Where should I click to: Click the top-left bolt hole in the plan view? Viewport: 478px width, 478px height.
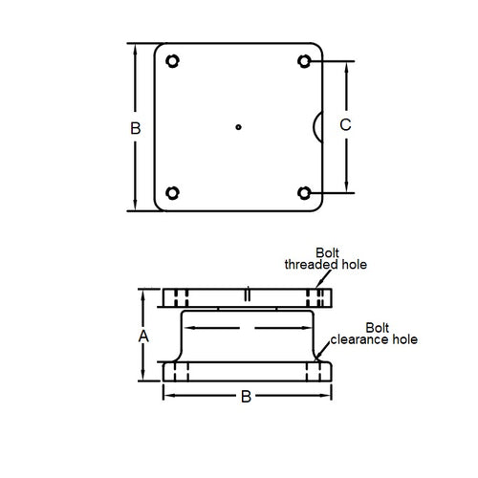(172, 62)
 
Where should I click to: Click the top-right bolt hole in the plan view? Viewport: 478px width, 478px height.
(305, 62)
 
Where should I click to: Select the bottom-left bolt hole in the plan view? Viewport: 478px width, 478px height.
(172, 192)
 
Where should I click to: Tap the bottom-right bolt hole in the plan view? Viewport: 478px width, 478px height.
(305, 192)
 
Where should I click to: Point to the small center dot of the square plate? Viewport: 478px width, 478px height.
(238, 126)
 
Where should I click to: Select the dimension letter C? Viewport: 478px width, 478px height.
(346, 125)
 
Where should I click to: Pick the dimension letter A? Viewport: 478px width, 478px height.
(143, 336)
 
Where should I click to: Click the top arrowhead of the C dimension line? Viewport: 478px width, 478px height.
(346, 66)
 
